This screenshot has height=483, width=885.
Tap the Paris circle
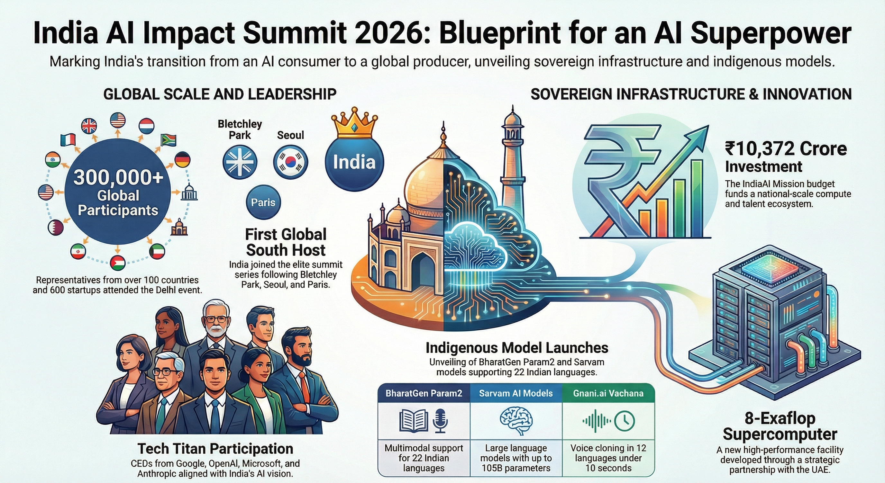pyautogui.click(x=263, y=202)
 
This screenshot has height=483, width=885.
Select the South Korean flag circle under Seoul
pyautogui.click(x=291, y=162)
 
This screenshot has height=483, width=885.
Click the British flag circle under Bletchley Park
pyautogui.click(x=240, y=162)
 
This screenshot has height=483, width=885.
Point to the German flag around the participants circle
pyautogui.click(x=182, y=160)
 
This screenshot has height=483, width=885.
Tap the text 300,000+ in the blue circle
pyautogui.click(x=118, y=177)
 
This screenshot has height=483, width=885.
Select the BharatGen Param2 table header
pyautogui.click(x=424, y=393)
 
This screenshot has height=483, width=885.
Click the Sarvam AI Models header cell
pyautogui.click(x=516, y=393)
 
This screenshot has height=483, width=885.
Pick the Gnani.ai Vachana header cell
pyautogui.click(x=608, y=393)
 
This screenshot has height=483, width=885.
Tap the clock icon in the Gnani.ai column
pyautogui.click(x=624, y=421)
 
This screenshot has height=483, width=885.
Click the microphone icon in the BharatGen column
pyautogui.click(x=440, y=421)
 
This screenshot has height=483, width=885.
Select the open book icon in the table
pyautogui.click(x=414, y=421)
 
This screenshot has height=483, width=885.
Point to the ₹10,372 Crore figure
pyautogui.click(x=786, y=149)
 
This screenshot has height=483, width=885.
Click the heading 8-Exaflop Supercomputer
pyautogui.click(x=780, y=426)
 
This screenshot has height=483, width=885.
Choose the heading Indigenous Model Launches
pyautogui.click(x=517, y=348)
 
